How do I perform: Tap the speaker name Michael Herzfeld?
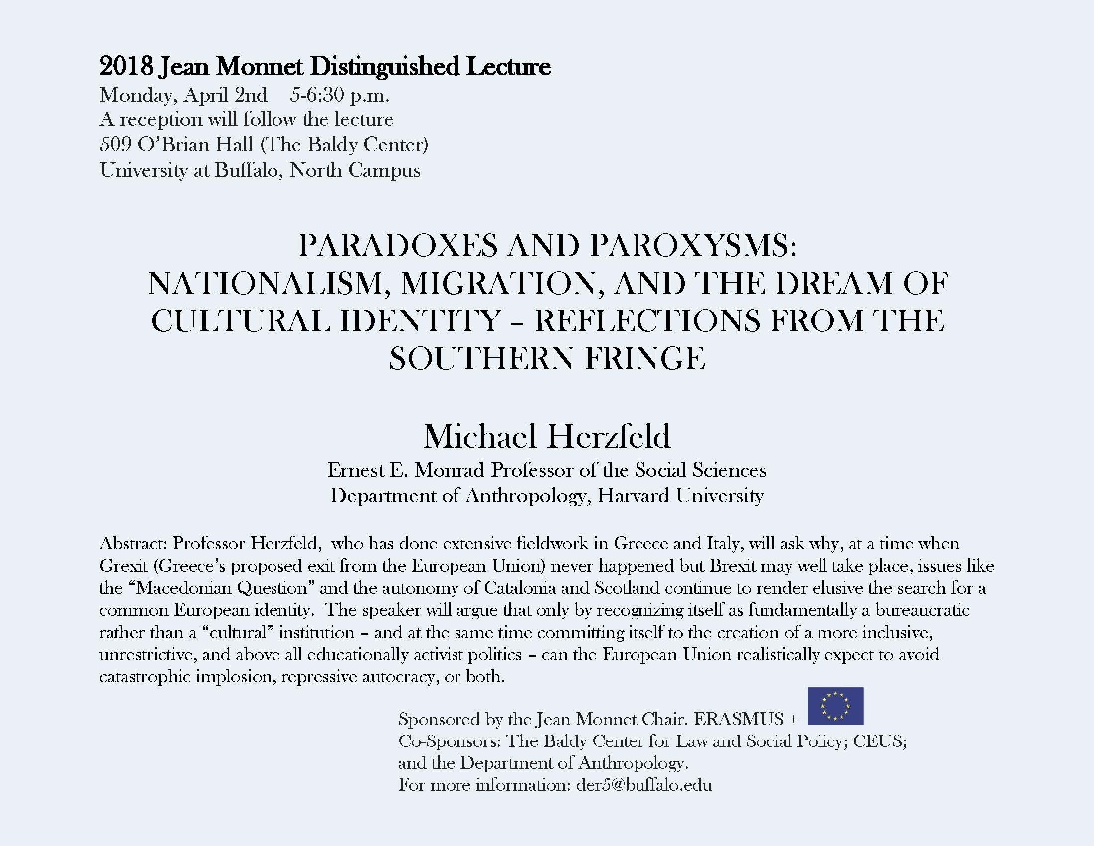[546, 436]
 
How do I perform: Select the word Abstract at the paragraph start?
[133, 544]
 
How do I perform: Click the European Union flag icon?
[835, 706]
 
